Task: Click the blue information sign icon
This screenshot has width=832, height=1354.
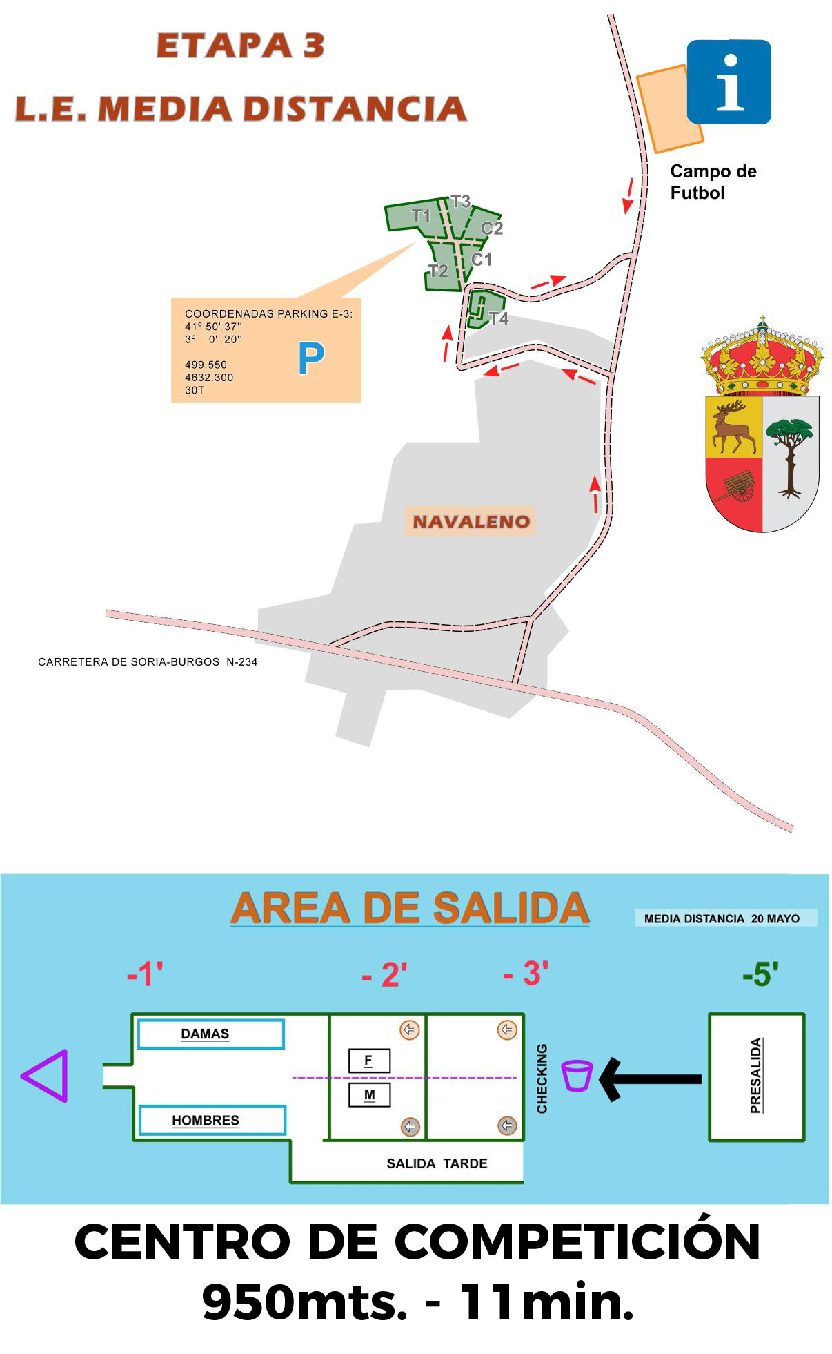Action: click(x=729, y=81)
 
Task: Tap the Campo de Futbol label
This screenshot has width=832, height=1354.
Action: click(x=713, y=182)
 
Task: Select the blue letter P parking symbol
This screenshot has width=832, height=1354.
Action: click(x=310, y=358)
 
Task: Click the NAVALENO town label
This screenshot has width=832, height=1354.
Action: click(x=471, y=521)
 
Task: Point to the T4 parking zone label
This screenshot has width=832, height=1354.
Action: click(x=498, y=318)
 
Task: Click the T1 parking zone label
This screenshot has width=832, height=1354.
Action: click(x=421, y=215)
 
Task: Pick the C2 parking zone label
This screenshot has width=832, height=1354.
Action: click(x=492, y=228)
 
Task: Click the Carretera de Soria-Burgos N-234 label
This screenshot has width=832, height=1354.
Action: click(x=148, y=661)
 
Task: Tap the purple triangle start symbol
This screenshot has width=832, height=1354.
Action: click(x=46, y=1076)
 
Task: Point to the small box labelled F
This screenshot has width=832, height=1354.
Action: click(x=368, y=1061)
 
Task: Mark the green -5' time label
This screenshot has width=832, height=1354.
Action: click(x=760, y=974)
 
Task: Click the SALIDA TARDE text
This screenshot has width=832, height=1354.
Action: click(x=437, y=1163)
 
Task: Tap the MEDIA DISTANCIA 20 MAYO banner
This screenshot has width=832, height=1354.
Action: click(x=722, y=918)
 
